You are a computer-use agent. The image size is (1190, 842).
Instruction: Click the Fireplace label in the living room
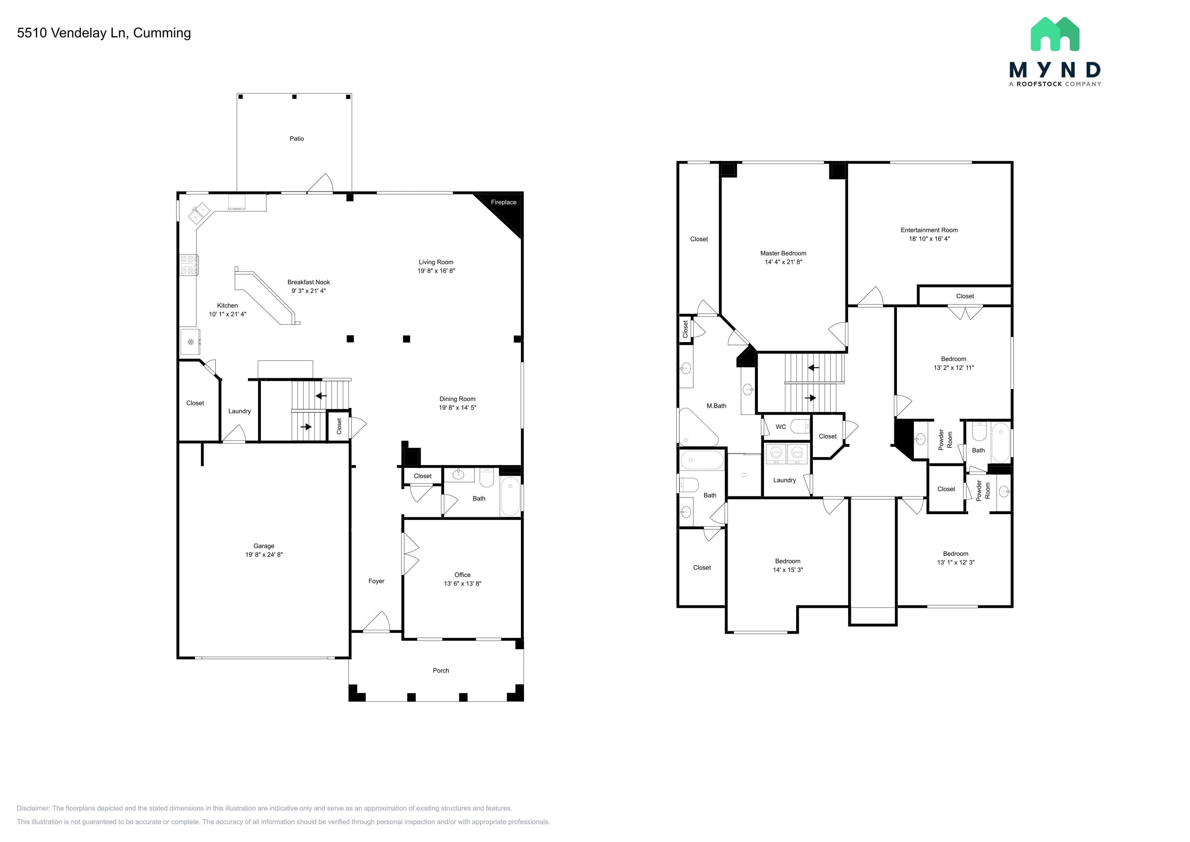point(503,202)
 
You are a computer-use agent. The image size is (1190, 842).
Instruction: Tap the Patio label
point(296,138)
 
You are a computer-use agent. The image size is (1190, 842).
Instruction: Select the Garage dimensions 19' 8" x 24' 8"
point(264,555)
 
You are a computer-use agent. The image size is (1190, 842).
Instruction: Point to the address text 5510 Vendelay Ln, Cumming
point(104,33)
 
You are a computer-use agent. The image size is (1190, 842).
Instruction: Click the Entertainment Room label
point(929,230)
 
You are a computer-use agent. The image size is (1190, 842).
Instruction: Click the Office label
point(462,575)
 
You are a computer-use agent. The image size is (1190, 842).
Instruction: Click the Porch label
point(441,670)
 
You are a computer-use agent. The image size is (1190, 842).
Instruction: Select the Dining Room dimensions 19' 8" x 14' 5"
point(457,408)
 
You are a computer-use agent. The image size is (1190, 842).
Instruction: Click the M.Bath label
point(716,406)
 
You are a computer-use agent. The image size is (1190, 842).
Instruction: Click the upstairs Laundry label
point(784,480)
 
